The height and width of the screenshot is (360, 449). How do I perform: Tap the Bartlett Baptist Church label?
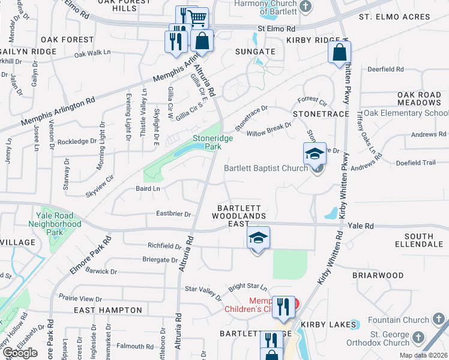pyautogui.click(x=265, y=169)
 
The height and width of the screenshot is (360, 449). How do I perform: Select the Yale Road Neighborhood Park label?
pyautogui.click(x=55, y=223)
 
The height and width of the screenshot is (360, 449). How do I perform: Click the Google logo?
pyautogui.click(x=19, y=353)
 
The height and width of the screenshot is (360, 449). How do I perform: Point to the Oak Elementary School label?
pyautogui.click(x=406, y=113)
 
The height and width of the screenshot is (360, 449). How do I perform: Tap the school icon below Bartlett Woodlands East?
pyautogui.click(x=258, y=239)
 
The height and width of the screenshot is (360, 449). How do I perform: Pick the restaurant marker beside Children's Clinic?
pyautogui.click(x=282, y=307)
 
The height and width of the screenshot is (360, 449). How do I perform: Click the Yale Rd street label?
pyautogui.click(x=361, y=226)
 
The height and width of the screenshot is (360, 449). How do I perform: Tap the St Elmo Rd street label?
pyautogui.click(x=277, y=28)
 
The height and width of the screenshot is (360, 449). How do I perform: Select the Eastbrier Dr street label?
pyautogui.click(x=173, y=214)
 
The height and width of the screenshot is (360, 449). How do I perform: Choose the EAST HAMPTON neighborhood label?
pyautogui.click(x=107, y=310)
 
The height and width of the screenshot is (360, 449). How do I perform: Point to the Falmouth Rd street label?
pyautogui.click(x=134, y=346)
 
